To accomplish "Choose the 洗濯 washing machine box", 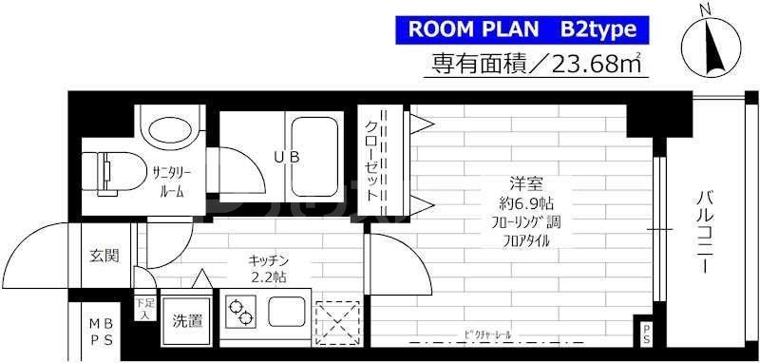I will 187,320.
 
